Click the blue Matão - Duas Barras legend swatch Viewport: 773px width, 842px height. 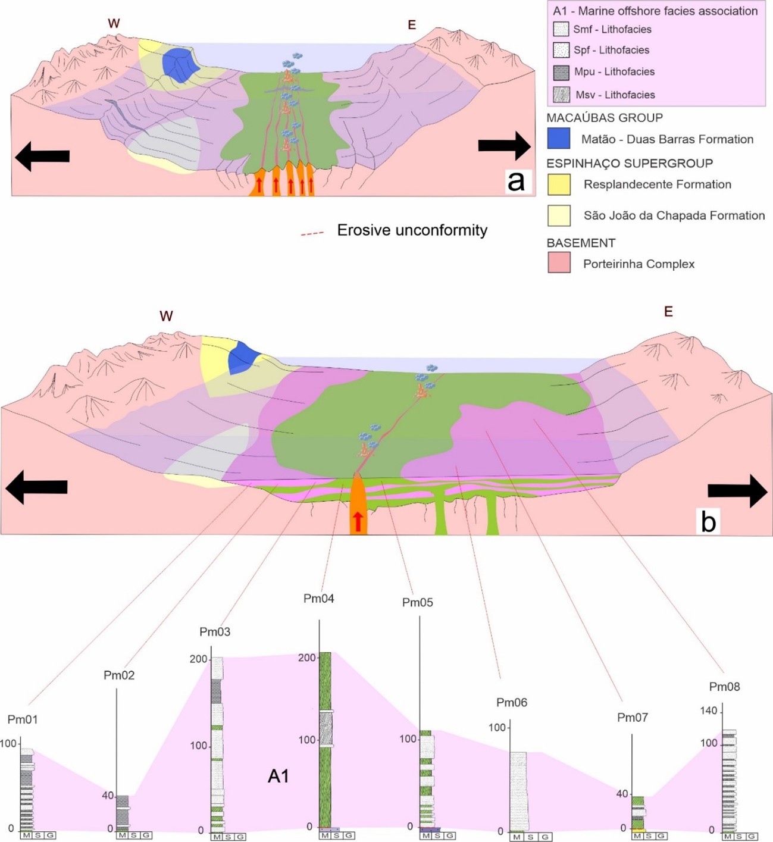point(559,138)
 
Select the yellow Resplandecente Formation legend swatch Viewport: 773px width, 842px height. point(559,184)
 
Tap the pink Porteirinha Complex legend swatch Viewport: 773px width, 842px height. point(559,262)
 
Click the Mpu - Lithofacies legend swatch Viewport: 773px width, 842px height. point(561,72)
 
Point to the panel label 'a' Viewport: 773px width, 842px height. point(516,180)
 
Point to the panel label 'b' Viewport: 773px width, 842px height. point(708,521)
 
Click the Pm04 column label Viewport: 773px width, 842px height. point(318,599)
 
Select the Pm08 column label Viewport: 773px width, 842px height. point(724,687)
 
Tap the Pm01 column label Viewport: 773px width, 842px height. point(23,719)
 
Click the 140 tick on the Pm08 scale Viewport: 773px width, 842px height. point(709,710)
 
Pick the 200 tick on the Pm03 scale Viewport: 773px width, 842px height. point(198,659)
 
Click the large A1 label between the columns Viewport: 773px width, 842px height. point(278,776)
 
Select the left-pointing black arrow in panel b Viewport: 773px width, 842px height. point(36,487)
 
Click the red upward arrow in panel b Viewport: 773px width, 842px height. point(358,521)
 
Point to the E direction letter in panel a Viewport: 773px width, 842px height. point(411,25)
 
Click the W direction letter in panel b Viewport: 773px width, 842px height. point(166,316)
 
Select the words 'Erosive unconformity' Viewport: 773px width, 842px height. point(412,230)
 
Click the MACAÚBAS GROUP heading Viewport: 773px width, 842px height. point(604,118)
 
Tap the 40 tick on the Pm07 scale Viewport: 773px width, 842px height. point(622,794)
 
